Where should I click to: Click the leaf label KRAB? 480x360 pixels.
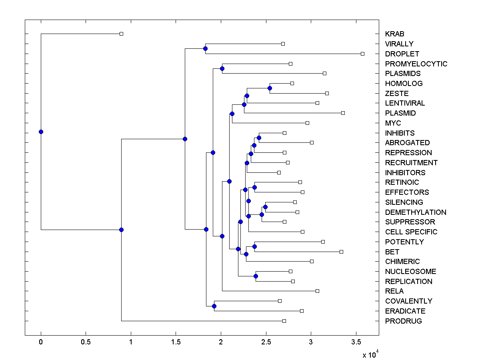[x=394, y=34]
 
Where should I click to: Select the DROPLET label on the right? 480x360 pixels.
[x=402, y=54]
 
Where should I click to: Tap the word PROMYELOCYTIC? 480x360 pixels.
[x=416, y=64]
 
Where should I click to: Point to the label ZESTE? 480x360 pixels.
[x=397, y=93]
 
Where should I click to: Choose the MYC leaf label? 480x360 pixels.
[x=393, y=123]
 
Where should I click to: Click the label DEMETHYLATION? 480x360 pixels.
[x=416, y=212]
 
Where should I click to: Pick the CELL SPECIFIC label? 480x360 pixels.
[x=411, y=232]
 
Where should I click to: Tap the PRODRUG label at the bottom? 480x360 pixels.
[x=403, y=321]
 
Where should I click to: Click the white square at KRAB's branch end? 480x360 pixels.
[x=122, y=34]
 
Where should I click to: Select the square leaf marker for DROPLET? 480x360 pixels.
[x=363, y=54]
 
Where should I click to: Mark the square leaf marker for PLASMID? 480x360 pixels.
[x=343, y=113]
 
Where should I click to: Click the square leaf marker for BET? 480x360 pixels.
[x=341, y=252]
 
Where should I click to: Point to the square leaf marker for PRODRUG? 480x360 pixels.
[x=284, y=321]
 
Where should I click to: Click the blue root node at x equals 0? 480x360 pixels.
[x=41, y=132]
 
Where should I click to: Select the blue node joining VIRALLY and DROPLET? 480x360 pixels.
[x=205, y=49]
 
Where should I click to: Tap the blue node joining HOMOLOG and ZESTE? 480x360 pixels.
[x=270, y=88]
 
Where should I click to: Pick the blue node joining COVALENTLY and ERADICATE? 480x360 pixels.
[x=214, y=306]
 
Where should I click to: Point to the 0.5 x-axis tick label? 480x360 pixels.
[x=86, y=342]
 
